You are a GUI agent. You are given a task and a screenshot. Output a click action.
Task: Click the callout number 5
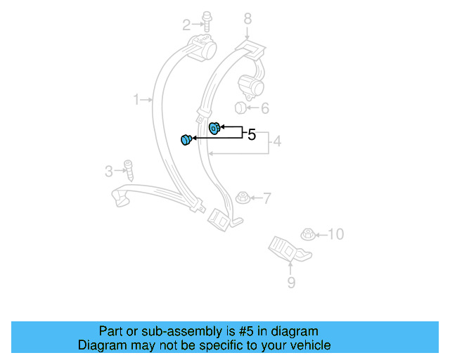[x=252, y=134]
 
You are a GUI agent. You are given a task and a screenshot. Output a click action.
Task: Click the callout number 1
[x=136, y=100]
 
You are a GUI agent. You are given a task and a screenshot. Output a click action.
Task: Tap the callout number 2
[x=186, y=25]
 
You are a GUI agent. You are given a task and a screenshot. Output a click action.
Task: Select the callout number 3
[x=108, y=170]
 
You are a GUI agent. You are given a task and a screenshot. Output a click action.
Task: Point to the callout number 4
[x=277, y=142]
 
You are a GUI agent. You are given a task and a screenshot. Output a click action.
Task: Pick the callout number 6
[x=265, y=108]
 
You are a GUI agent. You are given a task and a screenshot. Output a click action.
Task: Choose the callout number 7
[x=266, y=198]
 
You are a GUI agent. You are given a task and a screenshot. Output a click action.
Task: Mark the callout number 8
[x=247, y=18]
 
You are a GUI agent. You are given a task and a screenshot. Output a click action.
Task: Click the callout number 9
[x=291, y=283]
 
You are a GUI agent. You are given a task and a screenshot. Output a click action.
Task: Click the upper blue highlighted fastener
[x=215, y=127]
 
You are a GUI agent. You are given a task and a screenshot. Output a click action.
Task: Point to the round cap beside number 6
[x=240, y=108]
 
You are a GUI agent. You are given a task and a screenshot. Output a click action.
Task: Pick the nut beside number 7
[x=243, y=197]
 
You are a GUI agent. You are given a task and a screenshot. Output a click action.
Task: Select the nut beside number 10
[x=307, y=233]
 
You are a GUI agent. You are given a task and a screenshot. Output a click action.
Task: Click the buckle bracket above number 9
[x=287, y=248]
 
